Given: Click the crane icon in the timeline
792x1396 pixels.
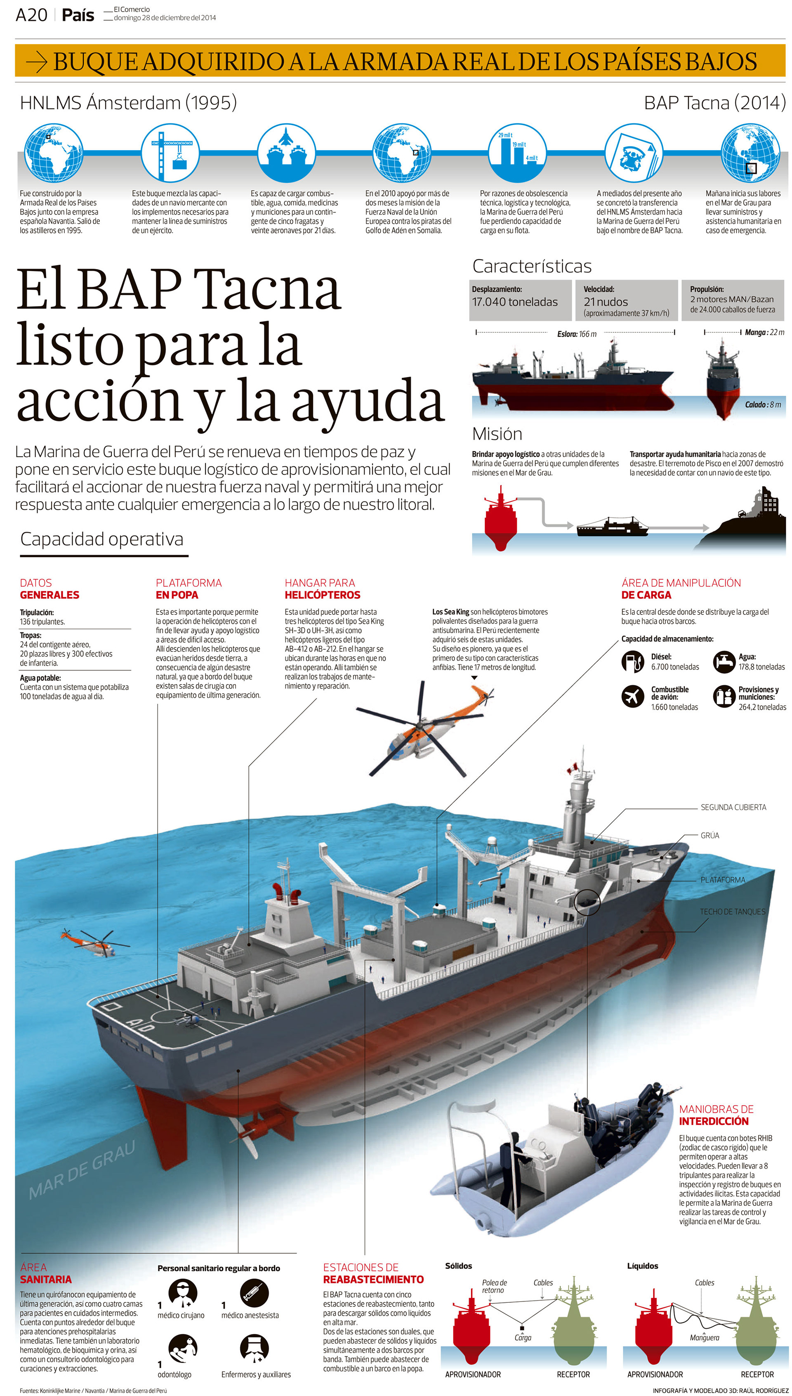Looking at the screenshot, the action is click(170, 152).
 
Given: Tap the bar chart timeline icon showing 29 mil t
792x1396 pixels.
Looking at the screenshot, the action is click(517, 152).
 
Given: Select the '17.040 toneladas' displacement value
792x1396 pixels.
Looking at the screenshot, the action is click(514, 302).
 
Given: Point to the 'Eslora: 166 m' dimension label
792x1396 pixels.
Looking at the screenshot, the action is click(577, 334).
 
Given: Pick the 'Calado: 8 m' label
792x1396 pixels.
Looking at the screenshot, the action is click(763, 405).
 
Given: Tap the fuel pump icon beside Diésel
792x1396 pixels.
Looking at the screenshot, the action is click(632, 661).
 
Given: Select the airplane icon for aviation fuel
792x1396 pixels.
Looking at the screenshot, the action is click(632, 696).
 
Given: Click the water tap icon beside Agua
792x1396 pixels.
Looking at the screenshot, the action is click(724, 661).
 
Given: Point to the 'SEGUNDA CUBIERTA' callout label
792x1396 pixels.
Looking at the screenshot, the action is click(733, 807).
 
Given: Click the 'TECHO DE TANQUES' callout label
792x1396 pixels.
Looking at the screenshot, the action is click(732, 912).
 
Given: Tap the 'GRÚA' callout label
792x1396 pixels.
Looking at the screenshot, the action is click(709, 836).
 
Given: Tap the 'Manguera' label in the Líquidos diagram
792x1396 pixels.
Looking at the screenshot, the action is click(704, 1338).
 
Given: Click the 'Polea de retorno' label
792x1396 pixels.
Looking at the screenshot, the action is click(494, 1286).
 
